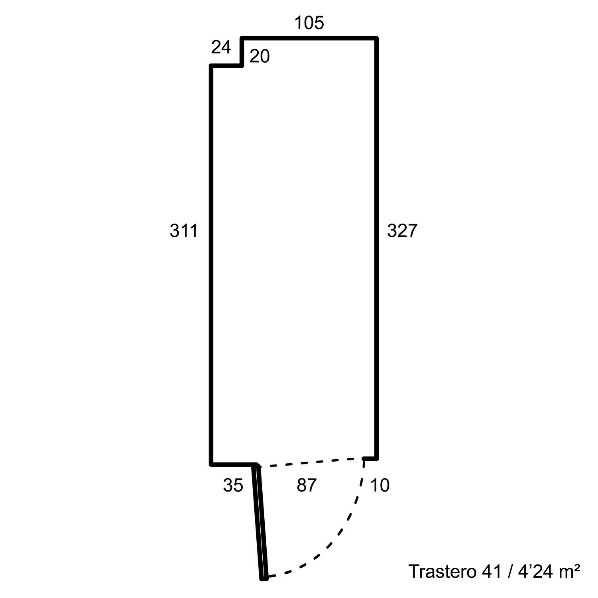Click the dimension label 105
tap(309, 23)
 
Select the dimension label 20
tap(260, 57)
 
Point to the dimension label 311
tap(184, 231)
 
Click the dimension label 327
tap(402, 231)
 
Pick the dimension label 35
tap(233, 486)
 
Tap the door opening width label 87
tap(307, 486)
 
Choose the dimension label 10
tap(380, 486)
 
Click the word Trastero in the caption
tap(443, 571)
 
